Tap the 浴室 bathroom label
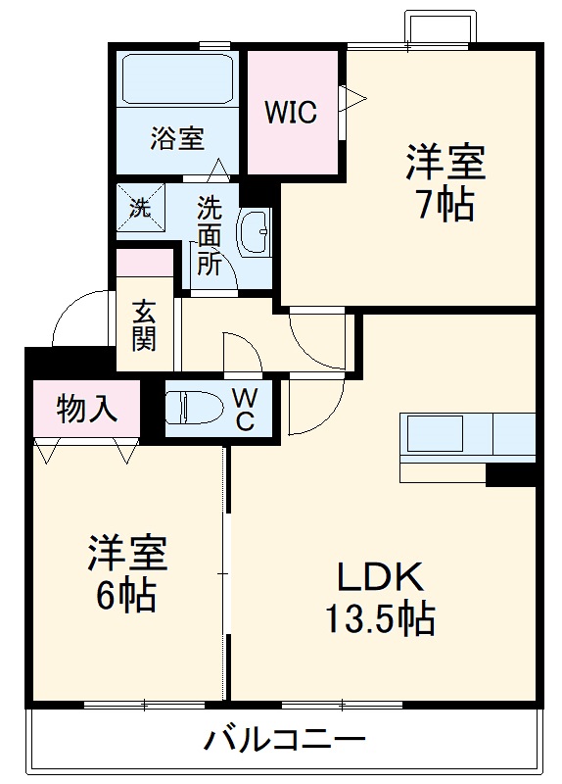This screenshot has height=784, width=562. (x=177, y=139)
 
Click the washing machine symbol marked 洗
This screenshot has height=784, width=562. (x=140, y=208)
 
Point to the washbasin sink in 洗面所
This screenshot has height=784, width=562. (x=258, y=233)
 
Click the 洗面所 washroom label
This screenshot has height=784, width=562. (x=209, y=235)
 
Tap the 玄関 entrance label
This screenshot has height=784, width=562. (x=144, y=324)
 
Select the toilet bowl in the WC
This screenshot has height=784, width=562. (x=191, y=407)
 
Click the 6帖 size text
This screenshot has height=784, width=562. (x=126, y=595)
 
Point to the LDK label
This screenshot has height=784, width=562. (x=380, y=576)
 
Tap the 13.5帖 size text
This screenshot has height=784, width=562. (x=380, y=619)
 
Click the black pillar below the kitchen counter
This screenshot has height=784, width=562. (x=510, y=475)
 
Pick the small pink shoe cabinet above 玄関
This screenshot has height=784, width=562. (x=144, y=263)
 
